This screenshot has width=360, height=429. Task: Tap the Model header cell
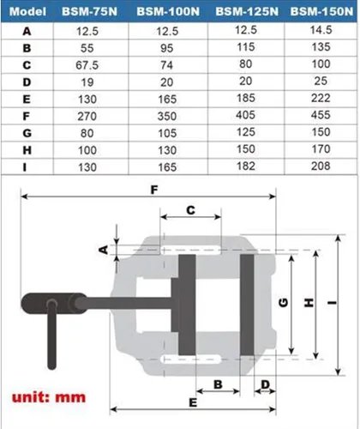27,12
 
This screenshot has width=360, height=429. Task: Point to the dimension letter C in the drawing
190,208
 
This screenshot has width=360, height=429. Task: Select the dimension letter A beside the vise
103,249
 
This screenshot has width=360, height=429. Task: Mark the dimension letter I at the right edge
332,302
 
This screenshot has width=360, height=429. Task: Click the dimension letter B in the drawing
218,384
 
